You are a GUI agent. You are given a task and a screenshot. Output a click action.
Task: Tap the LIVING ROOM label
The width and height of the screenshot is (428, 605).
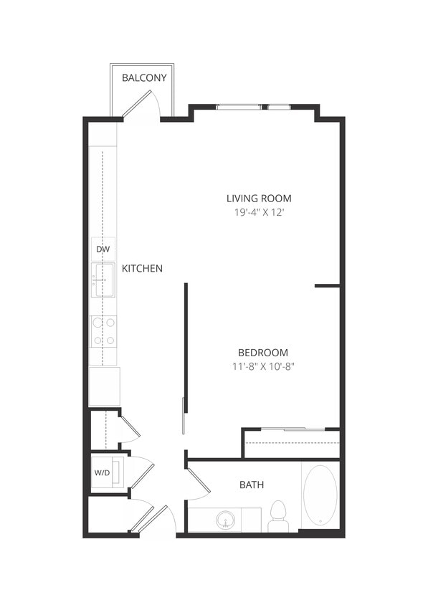coord(259,199)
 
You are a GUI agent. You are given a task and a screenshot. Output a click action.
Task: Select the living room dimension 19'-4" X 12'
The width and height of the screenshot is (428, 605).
coord(259,212)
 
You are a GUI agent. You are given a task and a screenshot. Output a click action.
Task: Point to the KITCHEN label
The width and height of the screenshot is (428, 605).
coord(142,269)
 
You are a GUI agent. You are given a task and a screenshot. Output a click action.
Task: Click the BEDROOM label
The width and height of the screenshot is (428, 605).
coord(263,353)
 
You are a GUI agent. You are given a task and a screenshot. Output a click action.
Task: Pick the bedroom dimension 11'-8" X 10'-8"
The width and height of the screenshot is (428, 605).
coord(263,366)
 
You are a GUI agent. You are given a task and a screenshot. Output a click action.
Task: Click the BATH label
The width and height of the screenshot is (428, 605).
coord(251,485)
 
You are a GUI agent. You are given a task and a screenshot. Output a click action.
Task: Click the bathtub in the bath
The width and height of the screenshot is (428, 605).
coord(319,495)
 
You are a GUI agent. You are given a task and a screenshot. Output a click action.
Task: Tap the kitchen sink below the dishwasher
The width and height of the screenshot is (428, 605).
coord(105,280)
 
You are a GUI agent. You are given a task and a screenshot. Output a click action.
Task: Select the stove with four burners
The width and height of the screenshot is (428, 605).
coord(103,332)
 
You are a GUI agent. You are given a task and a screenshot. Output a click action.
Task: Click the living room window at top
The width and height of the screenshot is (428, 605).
coord(254,108)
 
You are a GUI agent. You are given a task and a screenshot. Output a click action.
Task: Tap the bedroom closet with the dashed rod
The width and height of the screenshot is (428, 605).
coord(291,444)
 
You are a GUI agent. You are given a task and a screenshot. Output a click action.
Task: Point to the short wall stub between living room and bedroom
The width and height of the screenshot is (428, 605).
coord(327,286)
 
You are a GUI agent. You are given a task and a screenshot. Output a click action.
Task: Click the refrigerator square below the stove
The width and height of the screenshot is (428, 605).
coord(104,386)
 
